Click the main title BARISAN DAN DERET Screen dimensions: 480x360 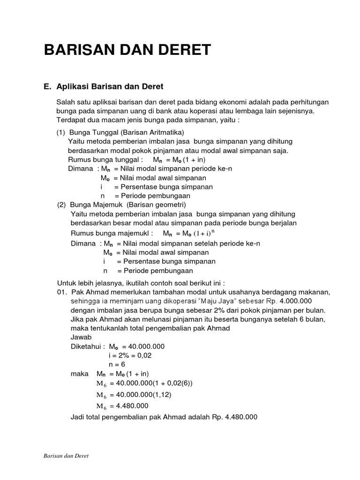point(127,50)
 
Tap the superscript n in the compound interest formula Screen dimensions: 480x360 point(213,231)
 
